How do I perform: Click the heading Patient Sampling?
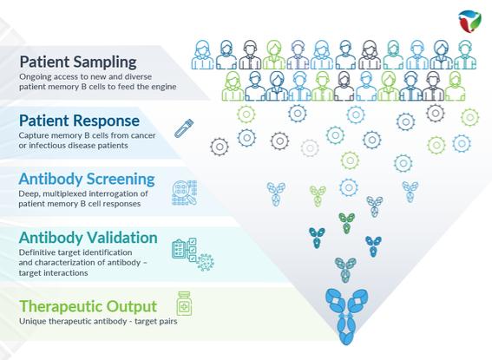coord(78,62)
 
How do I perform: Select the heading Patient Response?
coord(79,121)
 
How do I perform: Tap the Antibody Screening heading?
coord(87,180)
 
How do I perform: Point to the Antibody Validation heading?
coord(89,238)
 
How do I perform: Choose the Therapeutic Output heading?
coord(89,307)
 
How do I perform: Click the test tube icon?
coord(184,128)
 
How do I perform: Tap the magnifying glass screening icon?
coord(185,193)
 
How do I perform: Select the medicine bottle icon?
coord(184,304)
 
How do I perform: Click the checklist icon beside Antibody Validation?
coord(184,249)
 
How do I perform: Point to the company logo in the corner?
coord(469,22)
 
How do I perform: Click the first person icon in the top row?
coord(202,55)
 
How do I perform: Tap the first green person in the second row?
coord(233,86)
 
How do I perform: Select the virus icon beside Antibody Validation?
coord(206,263)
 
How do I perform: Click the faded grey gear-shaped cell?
coord(310,147)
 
